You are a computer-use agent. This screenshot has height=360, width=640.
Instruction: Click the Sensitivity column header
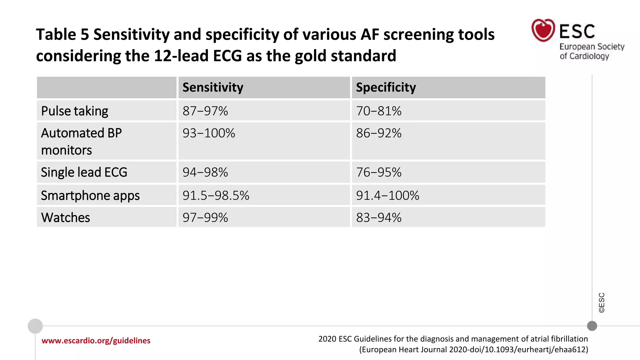213,87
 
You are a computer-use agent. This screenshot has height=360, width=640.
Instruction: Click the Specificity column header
386,87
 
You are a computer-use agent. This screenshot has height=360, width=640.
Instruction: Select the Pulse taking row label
75,111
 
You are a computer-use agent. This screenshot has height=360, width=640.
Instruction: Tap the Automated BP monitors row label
81,142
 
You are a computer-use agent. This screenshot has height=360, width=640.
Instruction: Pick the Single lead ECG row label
84,172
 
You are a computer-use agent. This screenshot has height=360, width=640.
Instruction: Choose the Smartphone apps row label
90,196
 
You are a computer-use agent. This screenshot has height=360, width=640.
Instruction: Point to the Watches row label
66,217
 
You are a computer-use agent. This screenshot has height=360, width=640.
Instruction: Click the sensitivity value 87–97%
205,111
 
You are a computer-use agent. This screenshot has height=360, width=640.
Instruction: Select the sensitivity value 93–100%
209,133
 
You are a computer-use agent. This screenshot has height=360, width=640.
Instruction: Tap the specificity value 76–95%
379,172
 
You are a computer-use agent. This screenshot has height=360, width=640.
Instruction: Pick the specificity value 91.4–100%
387,196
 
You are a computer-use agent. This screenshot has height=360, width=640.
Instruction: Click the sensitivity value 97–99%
205,217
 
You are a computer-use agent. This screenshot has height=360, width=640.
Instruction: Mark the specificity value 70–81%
379,111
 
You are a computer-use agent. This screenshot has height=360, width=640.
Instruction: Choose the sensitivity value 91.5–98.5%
216,196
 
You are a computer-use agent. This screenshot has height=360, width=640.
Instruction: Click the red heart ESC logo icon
543,30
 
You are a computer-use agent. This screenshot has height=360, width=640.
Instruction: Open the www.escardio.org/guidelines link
96,341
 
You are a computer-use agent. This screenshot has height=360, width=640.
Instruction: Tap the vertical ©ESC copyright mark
602,302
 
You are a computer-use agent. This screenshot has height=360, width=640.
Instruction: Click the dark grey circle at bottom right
592,326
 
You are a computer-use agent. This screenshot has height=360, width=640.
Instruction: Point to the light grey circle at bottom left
35,326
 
